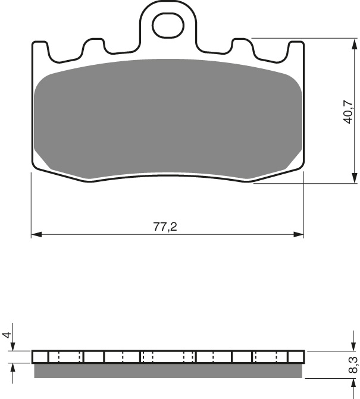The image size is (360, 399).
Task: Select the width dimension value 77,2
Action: point(166,227)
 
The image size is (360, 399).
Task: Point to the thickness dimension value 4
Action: point(7,335)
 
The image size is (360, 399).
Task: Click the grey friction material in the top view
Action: point(167,119)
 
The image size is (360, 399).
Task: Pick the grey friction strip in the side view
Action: point(167,370)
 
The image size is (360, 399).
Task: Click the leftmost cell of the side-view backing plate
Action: point(40,357)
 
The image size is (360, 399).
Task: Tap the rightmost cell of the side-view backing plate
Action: point(296,357)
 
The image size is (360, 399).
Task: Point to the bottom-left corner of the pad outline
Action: point(34,167)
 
